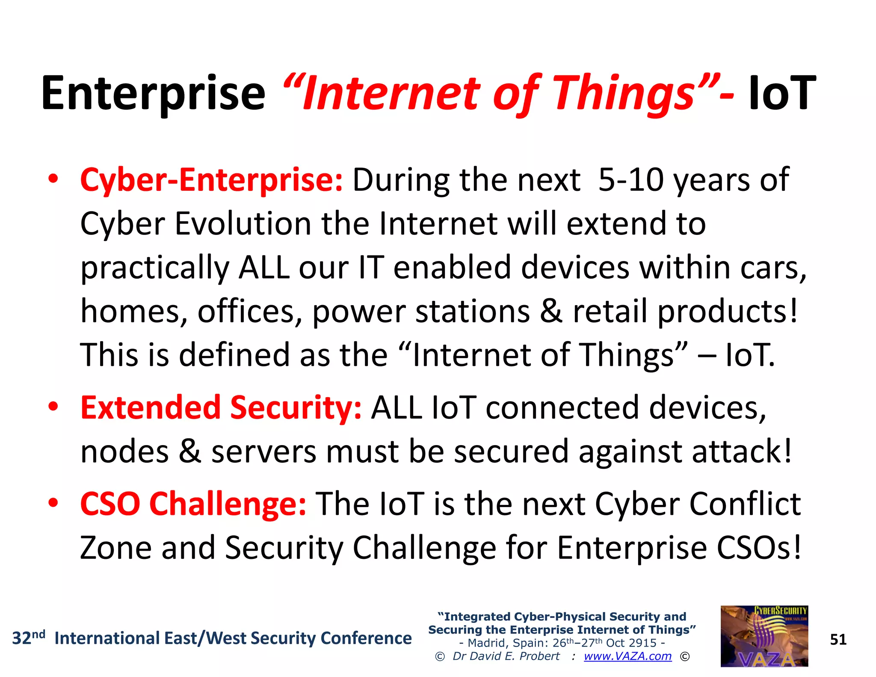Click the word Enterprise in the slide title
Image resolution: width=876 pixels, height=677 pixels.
click(x=153, y=93)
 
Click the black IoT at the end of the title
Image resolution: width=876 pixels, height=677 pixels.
click(x=782, y=93)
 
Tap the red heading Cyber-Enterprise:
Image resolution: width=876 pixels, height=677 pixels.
click(x=211, y=180)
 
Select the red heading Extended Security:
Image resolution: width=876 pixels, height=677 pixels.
click(x=221, y=408)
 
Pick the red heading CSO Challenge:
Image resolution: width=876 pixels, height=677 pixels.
click(x=193, y=504)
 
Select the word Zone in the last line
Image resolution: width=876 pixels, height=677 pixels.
click(x=115, y=548)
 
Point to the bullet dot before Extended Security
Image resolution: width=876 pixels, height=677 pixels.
click(x=53, y=407)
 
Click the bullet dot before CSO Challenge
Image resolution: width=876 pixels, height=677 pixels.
click(x=53, y=503)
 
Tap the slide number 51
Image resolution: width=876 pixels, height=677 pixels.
click(x=838, y=640)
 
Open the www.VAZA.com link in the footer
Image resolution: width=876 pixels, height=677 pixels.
click(x=627, y=656)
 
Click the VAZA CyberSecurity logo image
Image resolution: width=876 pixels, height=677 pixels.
click(x=764, y=636)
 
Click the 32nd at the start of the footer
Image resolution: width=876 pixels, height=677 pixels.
click(x=28, y=638)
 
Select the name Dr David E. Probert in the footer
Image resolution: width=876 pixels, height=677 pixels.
click(x=506, y=656)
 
